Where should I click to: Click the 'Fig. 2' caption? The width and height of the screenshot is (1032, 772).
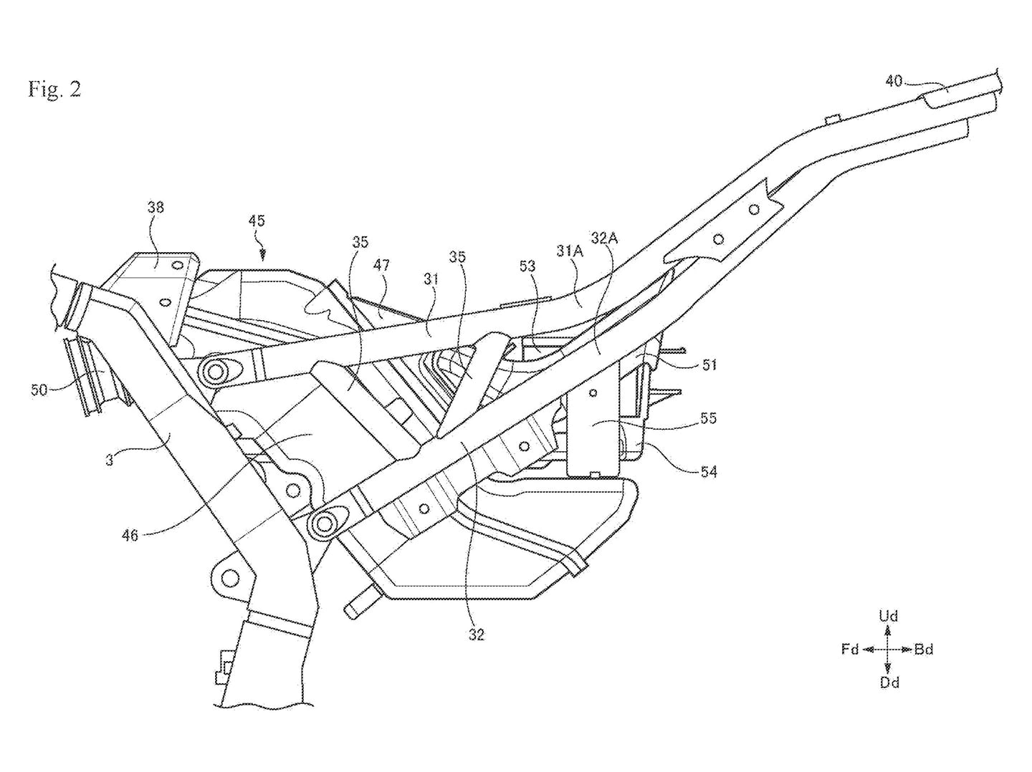pyautogui.click(x=54, y=89)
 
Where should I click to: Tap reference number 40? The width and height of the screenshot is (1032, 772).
pyautogui.click(x=893, y=81)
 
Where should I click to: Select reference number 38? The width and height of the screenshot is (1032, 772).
pyautogui.click(x=156, y=207)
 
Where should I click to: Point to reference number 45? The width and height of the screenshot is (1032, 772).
pyautogui.click(x=257, y=221)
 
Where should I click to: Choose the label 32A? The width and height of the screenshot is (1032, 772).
pyautogui.click(x=604, y=237)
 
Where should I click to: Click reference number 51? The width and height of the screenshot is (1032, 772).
pyautogui.click(x=709, y=365)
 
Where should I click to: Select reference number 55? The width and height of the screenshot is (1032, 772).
pyautogui.click(x=708, y=418)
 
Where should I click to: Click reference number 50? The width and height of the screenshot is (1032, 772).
pyautogui.click(x=40, y=389)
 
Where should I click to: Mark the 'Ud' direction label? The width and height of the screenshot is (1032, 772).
pyautogui.click(x=888, y=616)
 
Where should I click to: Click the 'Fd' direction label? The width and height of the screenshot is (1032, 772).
pyautogui.click(x=850, y=650)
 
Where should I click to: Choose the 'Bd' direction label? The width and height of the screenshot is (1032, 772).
pyautogui.click(x=924, y=650)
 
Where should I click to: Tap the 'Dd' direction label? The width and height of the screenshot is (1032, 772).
pyautogui.click(x=889, y=683)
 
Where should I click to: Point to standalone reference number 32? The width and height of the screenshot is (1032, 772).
pyautogui.click(x=476, y=634)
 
